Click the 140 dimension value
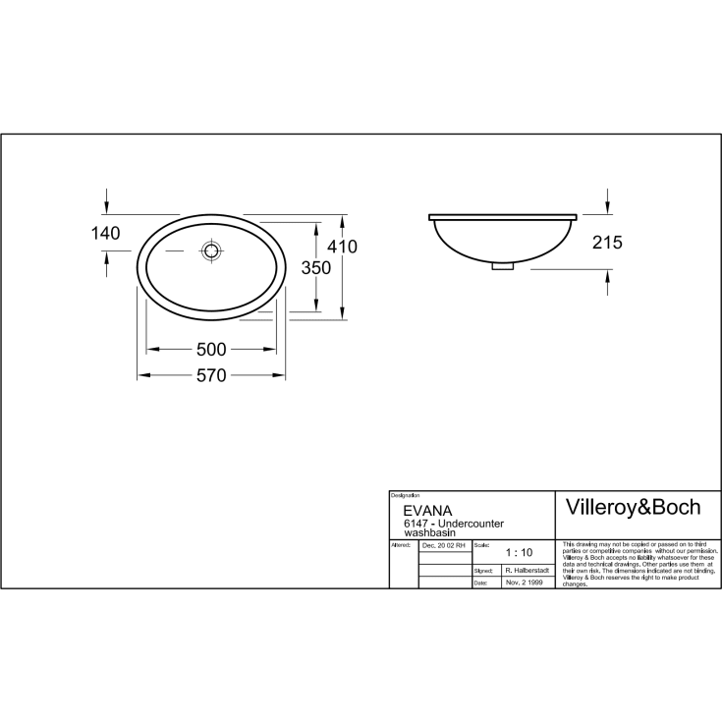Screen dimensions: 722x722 tap(104, 233)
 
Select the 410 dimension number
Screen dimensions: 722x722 tap(342, 247)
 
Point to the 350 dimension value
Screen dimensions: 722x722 tap(314, 268)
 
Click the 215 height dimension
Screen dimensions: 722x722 tap(607, 243)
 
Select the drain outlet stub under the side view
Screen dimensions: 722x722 tap(502, 263)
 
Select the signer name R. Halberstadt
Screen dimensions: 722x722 tap(526, 570)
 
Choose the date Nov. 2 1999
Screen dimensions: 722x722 tap(524, 583)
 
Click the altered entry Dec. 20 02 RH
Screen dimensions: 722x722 tap(444, 544)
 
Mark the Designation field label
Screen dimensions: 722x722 tap(405, 495)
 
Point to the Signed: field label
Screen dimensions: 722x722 tap(482, 570)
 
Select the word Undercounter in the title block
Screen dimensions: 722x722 tap(472, 524)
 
